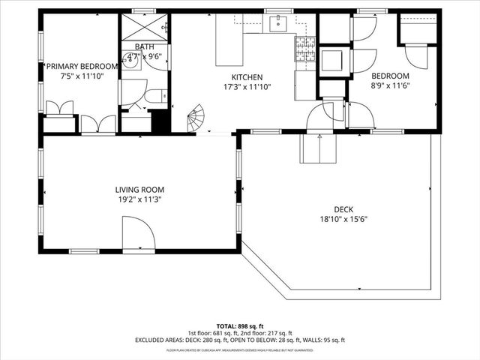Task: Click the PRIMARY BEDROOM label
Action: [80, 66]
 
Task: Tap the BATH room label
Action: [144, 46]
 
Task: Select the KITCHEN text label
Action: [246, 77]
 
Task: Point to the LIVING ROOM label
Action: [139, 190]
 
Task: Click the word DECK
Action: [343, 210]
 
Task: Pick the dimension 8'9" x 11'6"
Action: [390, 86]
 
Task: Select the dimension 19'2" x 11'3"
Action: [139, 199]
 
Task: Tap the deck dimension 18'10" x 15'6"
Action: [343, 220]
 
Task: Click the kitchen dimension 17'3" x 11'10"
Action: [246, 87]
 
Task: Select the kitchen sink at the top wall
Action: [279, 25]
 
